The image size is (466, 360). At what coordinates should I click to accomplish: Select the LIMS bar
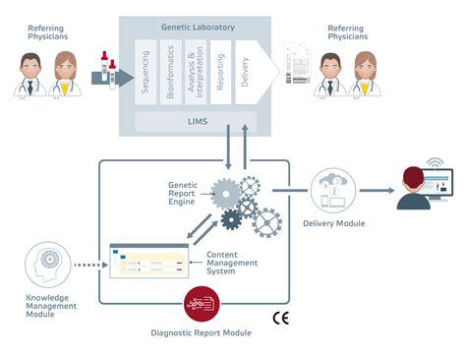pos(198,121)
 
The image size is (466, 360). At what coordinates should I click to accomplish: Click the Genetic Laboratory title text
pos(198,28)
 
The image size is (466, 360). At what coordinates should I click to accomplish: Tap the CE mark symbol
pos(279,319)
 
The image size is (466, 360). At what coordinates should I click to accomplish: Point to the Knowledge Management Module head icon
pos(41,263)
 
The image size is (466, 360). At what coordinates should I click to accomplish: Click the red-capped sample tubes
pos(107,71)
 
